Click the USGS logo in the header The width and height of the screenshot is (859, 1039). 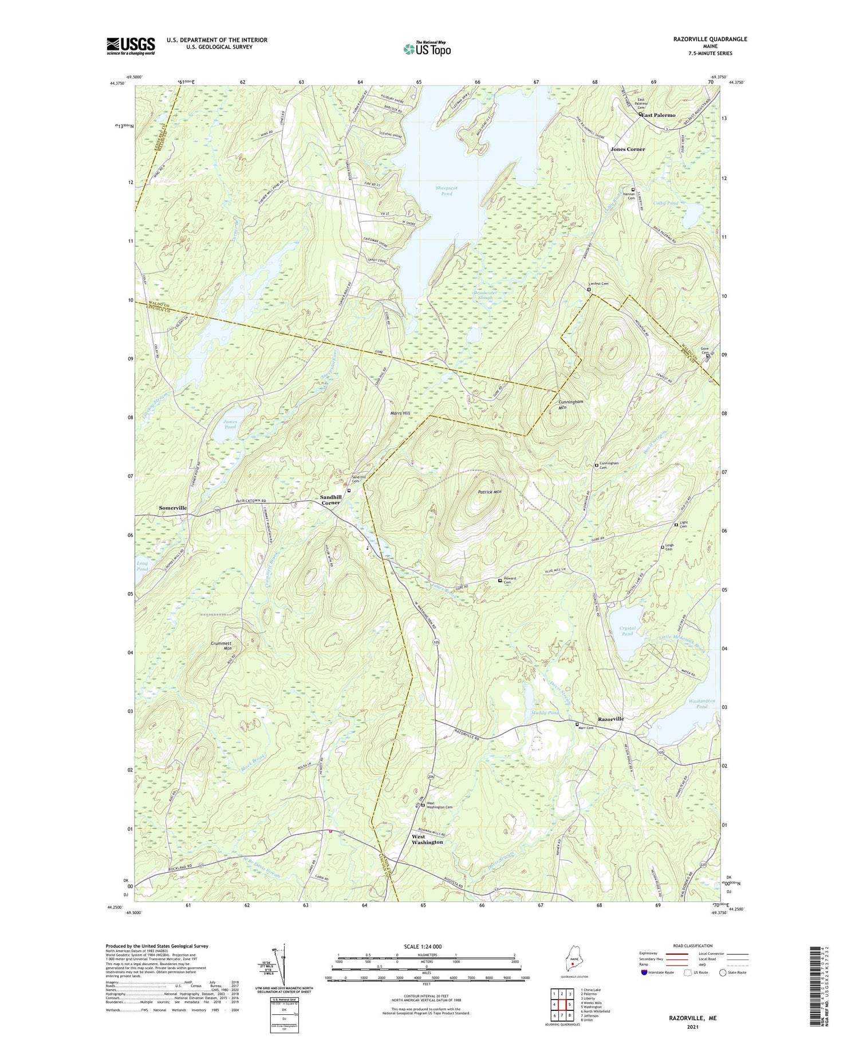[x=131, y=46]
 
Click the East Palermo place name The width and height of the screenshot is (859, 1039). [x=658, y=115]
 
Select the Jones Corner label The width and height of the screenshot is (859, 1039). [x=628, y=149]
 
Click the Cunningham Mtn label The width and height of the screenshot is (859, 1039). [x=570, y=405]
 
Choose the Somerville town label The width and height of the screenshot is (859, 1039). [x=172, y=508]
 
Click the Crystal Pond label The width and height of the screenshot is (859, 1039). [x=628, y=631]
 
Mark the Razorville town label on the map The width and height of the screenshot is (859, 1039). [x=610, y=719]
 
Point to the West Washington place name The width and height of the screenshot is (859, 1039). [x=427, y=839]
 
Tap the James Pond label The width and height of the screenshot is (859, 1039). [x=230, y=424]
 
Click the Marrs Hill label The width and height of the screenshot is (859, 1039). [x=399, y=413]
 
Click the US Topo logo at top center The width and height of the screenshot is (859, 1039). [x=427, y=49]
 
